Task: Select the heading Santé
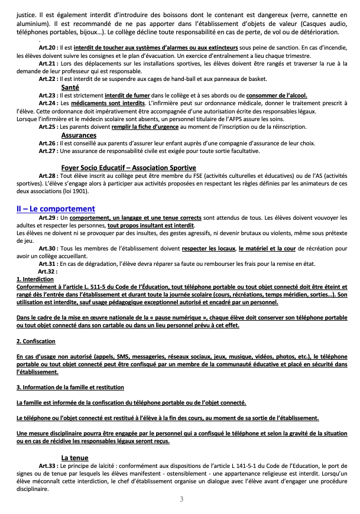(x=70, y=87)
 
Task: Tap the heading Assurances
(x=79, y=135)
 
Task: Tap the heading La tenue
(x=74, y=457)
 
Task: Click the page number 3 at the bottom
(x=181, y=499)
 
